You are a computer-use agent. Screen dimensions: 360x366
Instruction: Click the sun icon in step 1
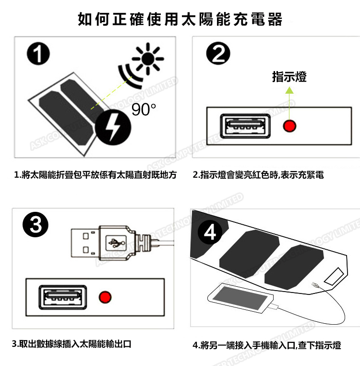(148, 59)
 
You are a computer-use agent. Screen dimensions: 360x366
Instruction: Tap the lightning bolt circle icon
(113, 127)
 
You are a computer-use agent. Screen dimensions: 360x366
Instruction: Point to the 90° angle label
(144, 109)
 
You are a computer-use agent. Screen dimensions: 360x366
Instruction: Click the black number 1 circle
(38, 53)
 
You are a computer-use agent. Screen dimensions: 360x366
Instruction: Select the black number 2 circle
(218, 53)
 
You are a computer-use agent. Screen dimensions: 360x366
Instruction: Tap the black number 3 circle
(36, 225)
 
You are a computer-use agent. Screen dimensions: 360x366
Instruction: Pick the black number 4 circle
(210, 232)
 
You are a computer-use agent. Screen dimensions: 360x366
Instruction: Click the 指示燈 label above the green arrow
(289, 77)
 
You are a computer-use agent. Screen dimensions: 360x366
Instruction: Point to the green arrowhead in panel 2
(289, 90)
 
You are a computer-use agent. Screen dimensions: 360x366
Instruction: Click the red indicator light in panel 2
(289, 126)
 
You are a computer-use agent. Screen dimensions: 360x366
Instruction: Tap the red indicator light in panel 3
(105, 297)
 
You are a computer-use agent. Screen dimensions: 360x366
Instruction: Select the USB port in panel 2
(245, 126)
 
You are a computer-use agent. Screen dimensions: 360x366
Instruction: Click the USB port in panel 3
(62, 297)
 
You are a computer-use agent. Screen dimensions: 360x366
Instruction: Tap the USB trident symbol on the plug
(116, 243)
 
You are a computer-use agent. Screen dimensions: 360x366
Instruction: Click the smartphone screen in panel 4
(240, 298)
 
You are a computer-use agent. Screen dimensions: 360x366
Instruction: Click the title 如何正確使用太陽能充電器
(180, 19)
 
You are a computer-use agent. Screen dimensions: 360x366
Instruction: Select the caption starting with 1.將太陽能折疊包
(95, 175)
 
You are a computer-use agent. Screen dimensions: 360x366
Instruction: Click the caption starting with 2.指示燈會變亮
(258, 175)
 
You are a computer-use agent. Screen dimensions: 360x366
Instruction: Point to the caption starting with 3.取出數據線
(72, 344)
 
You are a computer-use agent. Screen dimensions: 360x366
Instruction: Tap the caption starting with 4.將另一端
(267, 345)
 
